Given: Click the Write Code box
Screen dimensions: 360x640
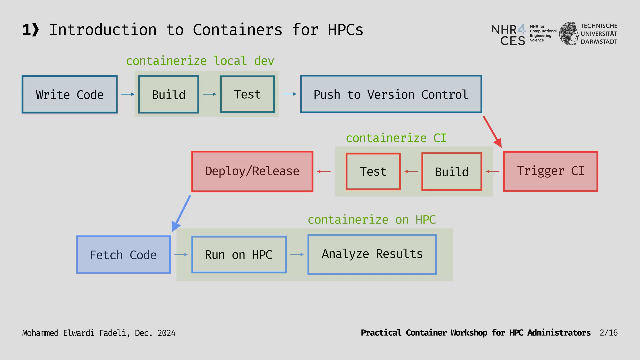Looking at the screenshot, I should [x=69, y=94].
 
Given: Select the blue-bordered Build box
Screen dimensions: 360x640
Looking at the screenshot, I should [x=169, y=94].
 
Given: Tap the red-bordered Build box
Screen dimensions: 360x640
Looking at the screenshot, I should [x=452, y=172].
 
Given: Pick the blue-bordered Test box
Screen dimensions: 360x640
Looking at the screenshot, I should [x=247, y=94].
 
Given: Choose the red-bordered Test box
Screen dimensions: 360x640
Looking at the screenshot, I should [x=373, y=172].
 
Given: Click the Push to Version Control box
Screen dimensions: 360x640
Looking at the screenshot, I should [x=391, y=94].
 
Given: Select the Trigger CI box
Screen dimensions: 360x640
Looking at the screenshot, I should [x=550, y=172].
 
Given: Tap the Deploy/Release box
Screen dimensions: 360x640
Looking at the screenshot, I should [x=252, y=172].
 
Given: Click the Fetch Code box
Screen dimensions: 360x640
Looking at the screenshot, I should [x=123, y=255].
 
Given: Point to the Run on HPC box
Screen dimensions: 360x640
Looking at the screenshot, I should [x=239, y=255].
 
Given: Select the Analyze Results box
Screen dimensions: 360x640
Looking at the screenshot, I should [x=372, y=255].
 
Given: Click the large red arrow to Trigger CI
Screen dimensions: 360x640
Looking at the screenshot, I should [x=492, y=131].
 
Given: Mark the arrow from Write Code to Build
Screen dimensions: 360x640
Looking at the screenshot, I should [x=128, y=94].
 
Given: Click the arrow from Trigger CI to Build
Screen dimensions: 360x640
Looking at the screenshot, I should [x=493, y=172].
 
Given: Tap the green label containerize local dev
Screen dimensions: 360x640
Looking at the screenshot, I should [x=200, y=61].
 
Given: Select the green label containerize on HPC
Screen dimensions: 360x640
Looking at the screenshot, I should [x=372, y=220].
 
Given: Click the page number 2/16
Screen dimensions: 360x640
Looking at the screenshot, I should [x=608, y=333].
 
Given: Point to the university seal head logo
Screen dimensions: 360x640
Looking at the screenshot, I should [x=569, y=34].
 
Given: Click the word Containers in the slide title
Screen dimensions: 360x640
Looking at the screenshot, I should [x=237, y=30].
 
